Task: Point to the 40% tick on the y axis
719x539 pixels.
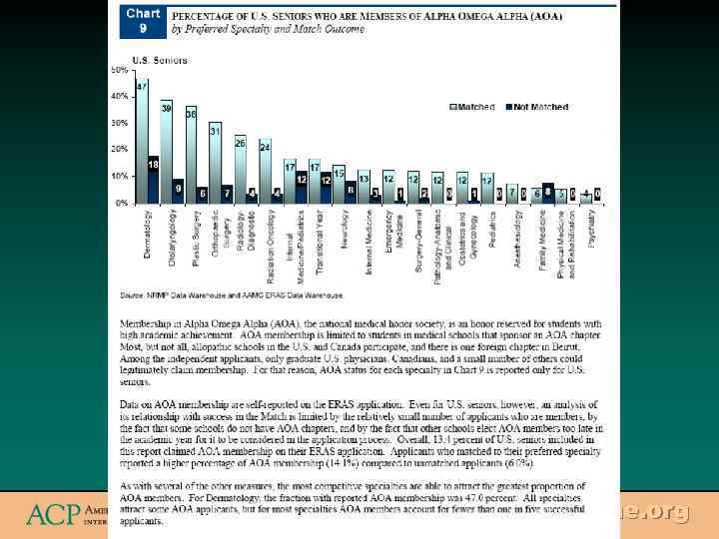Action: tap(119, 97)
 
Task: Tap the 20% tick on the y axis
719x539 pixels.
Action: tap(119, 150)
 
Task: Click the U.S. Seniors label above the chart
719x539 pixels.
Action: tap(139, 60)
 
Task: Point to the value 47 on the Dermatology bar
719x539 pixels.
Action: tap(143, 87)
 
